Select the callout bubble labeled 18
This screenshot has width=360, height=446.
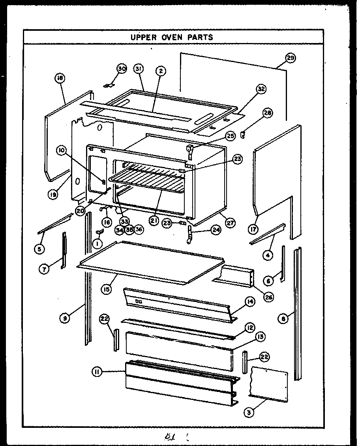(x=60, y=79)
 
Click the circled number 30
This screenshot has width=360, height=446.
(x=121, y=69)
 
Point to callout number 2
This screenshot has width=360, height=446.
(x=160, y=71)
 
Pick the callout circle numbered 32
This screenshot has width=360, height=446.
(x=261, y=89)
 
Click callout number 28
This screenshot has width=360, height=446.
(x=268, y=113)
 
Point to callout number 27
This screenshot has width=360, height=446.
(x=230, y=223)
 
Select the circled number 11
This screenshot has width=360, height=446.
(x=97, y=371)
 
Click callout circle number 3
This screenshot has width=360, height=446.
(x=249, y=413)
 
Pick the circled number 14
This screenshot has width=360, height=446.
(x=250, y=302)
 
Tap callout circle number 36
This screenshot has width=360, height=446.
(x=138, y=229)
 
